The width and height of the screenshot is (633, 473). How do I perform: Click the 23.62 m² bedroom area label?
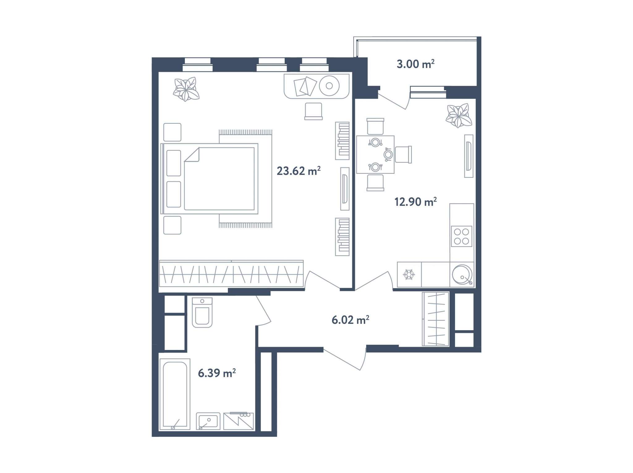[299, 171]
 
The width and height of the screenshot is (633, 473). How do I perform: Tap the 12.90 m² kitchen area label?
[415, 202]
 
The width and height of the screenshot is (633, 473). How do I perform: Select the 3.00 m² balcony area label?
[415, 64]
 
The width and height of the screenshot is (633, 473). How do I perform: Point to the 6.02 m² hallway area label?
[350, 320]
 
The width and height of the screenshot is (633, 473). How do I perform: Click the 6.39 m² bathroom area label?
[217, 373]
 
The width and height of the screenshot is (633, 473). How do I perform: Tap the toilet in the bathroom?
[202, 312]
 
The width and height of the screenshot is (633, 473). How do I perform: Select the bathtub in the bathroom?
[175, 394]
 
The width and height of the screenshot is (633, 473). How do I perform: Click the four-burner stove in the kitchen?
[461, 236]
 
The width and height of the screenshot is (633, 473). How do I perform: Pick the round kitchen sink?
[462, 275]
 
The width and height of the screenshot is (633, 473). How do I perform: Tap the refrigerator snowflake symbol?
[409, 275]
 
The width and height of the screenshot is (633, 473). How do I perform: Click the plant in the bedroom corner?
[186, 89]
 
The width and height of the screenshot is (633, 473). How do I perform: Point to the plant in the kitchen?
[459, 116]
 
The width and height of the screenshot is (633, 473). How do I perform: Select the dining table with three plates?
[375, 155]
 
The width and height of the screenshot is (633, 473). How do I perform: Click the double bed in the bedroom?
[210, 179]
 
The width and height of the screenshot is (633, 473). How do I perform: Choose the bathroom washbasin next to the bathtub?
[208, 421]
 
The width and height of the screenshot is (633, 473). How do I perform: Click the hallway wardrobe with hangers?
[435, 319]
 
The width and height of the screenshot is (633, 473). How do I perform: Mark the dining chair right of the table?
[403, 155]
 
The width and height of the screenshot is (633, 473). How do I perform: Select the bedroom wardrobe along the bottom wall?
[231, 274]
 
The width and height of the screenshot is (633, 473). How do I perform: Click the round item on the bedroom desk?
[329, 86]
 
